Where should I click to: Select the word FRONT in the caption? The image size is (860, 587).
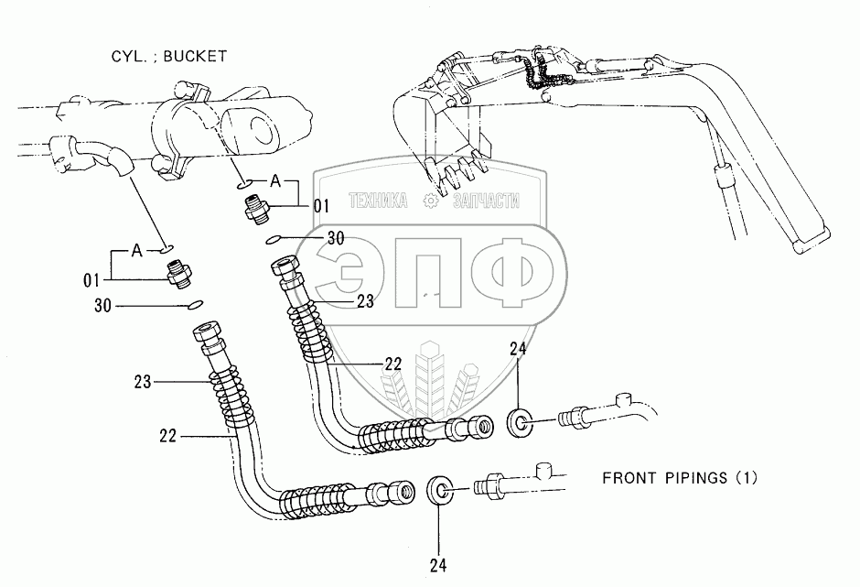tap(627, 478)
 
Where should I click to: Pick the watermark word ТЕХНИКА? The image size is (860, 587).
tap(379, 201)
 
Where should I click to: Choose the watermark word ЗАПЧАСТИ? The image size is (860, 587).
tap(486, 201)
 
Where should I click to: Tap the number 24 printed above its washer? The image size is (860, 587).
tap(518, 349)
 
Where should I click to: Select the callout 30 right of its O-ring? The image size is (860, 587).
tap(336, 238)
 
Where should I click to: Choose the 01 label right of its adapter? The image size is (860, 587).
tap(321, 207)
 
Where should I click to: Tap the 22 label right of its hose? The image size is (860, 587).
tap(393, 364)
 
